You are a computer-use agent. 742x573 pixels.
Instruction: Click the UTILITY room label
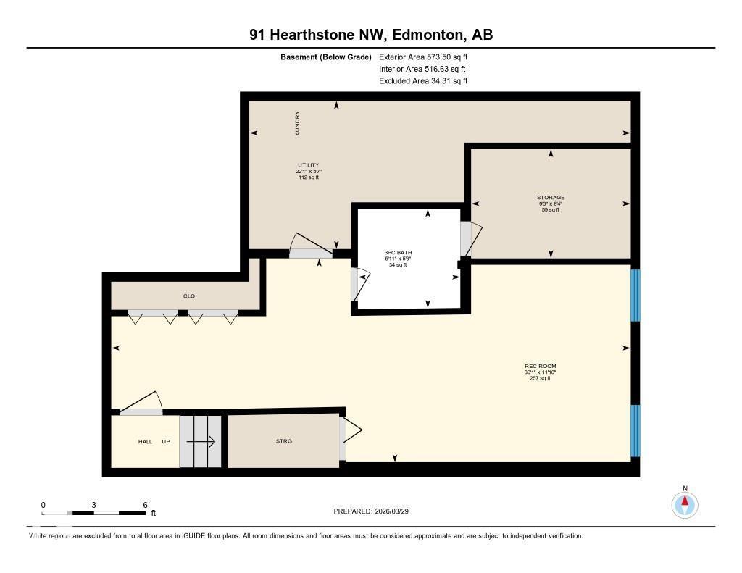click(x=308, y=165)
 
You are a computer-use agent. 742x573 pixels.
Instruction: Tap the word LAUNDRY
click(x=297, y=125)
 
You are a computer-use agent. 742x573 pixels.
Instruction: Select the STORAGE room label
click(x=551, y=197)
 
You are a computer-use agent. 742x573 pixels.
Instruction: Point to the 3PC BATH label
click(x=398, y=253)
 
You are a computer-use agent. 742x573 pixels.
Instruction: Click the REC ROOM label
click(x=540, y=366)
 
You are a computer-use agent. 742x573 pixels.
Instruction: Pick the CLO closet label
click(x=189, y=296)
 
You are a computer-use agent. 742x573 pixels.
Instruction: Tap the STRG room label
click(x=284, y=441)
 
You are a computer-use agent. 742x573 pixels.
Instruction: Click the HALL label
click(x=146, y=441)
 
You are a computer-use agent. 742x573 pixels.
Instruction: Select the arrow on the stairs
click(x=202, y=441)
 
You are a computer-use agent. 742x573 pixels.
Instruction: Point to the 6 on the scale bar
click(x=145, y=505)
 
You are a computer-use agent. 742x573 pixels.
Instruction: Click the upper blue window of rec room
click(x=635, y=295)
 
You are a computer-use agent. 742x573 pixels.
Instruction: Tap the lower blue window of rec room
click(x=635, y=430)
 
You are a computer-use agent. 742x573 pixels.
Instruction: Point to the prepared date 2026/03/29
click(x=397, y=511)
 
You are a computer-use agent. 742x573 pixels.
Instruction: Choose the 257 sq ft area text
click(x=540, y=378)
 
